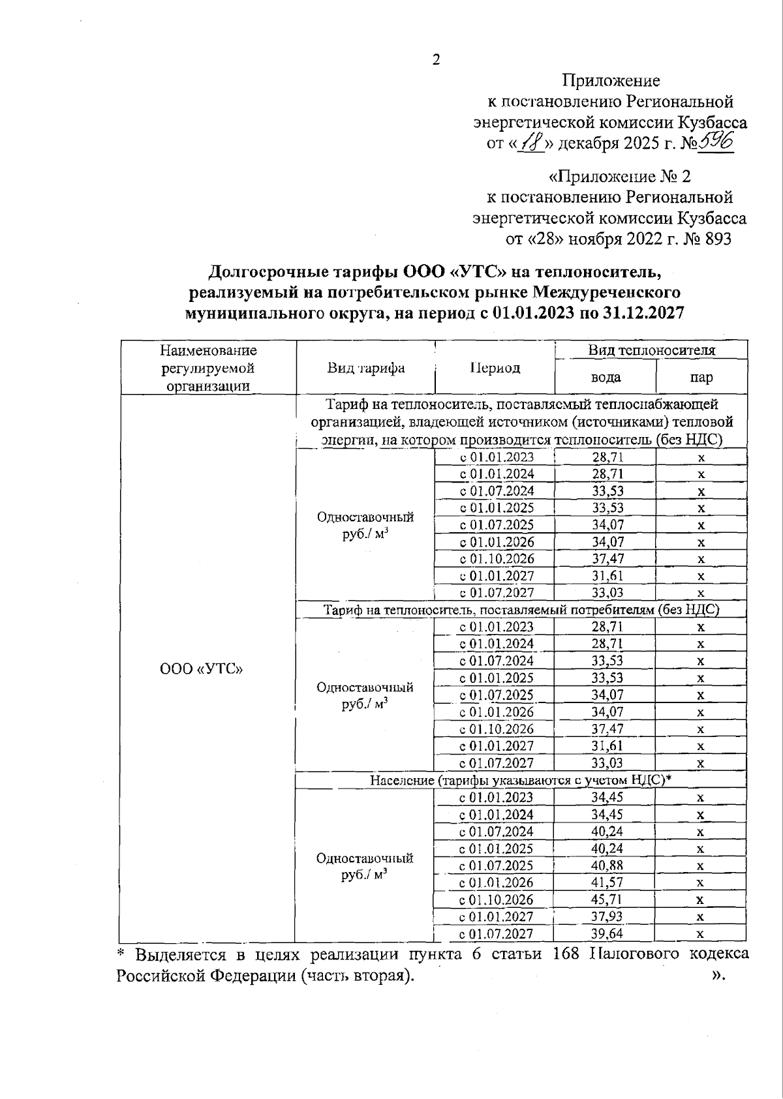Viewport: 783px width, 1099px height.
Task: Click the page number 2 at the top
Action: click(x=436, y=60)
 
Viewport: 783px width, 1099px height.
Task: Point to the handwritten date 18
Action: click(x=530, y=143)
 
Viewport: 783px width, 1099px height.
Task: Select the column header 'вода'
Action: click(x=605, y=378)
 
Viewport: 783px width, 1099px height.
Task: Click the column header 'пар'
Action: click(x=701, y=378)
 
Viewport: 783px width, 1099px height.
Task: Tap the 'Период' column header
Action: click(x=495, y=368)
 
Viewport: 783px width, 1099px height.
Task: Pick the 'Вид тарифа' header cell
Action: click(x=365, y=368)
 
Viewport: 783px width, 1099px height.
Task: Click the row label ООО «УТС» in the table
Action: click(x=202, y=669)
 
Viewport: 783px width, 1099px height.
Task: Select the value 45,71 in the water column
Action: click(x=607, y=900)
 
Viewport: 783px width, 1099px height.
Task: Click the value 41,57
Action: click(x=607, y=883)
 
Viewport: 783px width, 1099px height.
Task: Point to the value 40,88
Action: click(x=607, y=866)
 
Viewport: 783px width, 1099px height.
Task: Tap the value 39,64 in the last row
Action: click(x=607, y=934)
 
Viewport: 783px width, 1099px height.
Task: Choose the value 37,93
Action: click(x=607, y=917)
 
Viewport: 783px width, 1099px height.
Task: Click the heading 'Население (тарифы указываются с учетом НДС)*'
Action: click(x=521, y=781)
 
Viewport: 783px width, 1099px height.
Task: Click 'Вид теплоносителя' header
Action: click(x=651, y=350)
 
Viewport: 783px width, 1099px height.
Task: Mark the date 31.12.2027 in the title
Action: click(x=637, y=313)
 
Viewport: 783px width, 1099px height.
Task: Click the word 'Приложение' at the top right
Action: click(x=611, y=81)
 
